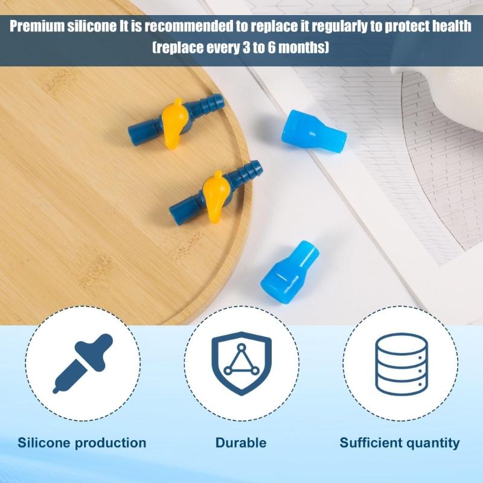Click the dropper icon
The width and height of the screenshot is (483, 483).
(x=82, y=363)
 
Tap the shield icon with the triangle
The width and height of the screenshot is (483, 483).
(x=241, y=362)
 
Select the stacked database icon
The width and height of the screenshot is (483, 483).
(x=400, y=362)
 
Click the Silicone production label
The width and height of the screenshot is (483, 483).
(x=82, y=443)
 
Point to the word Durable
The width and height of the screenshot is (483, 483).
(x=241, y=443)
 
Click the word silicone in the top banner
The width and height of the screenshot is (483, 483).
(x=97, y=28)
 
